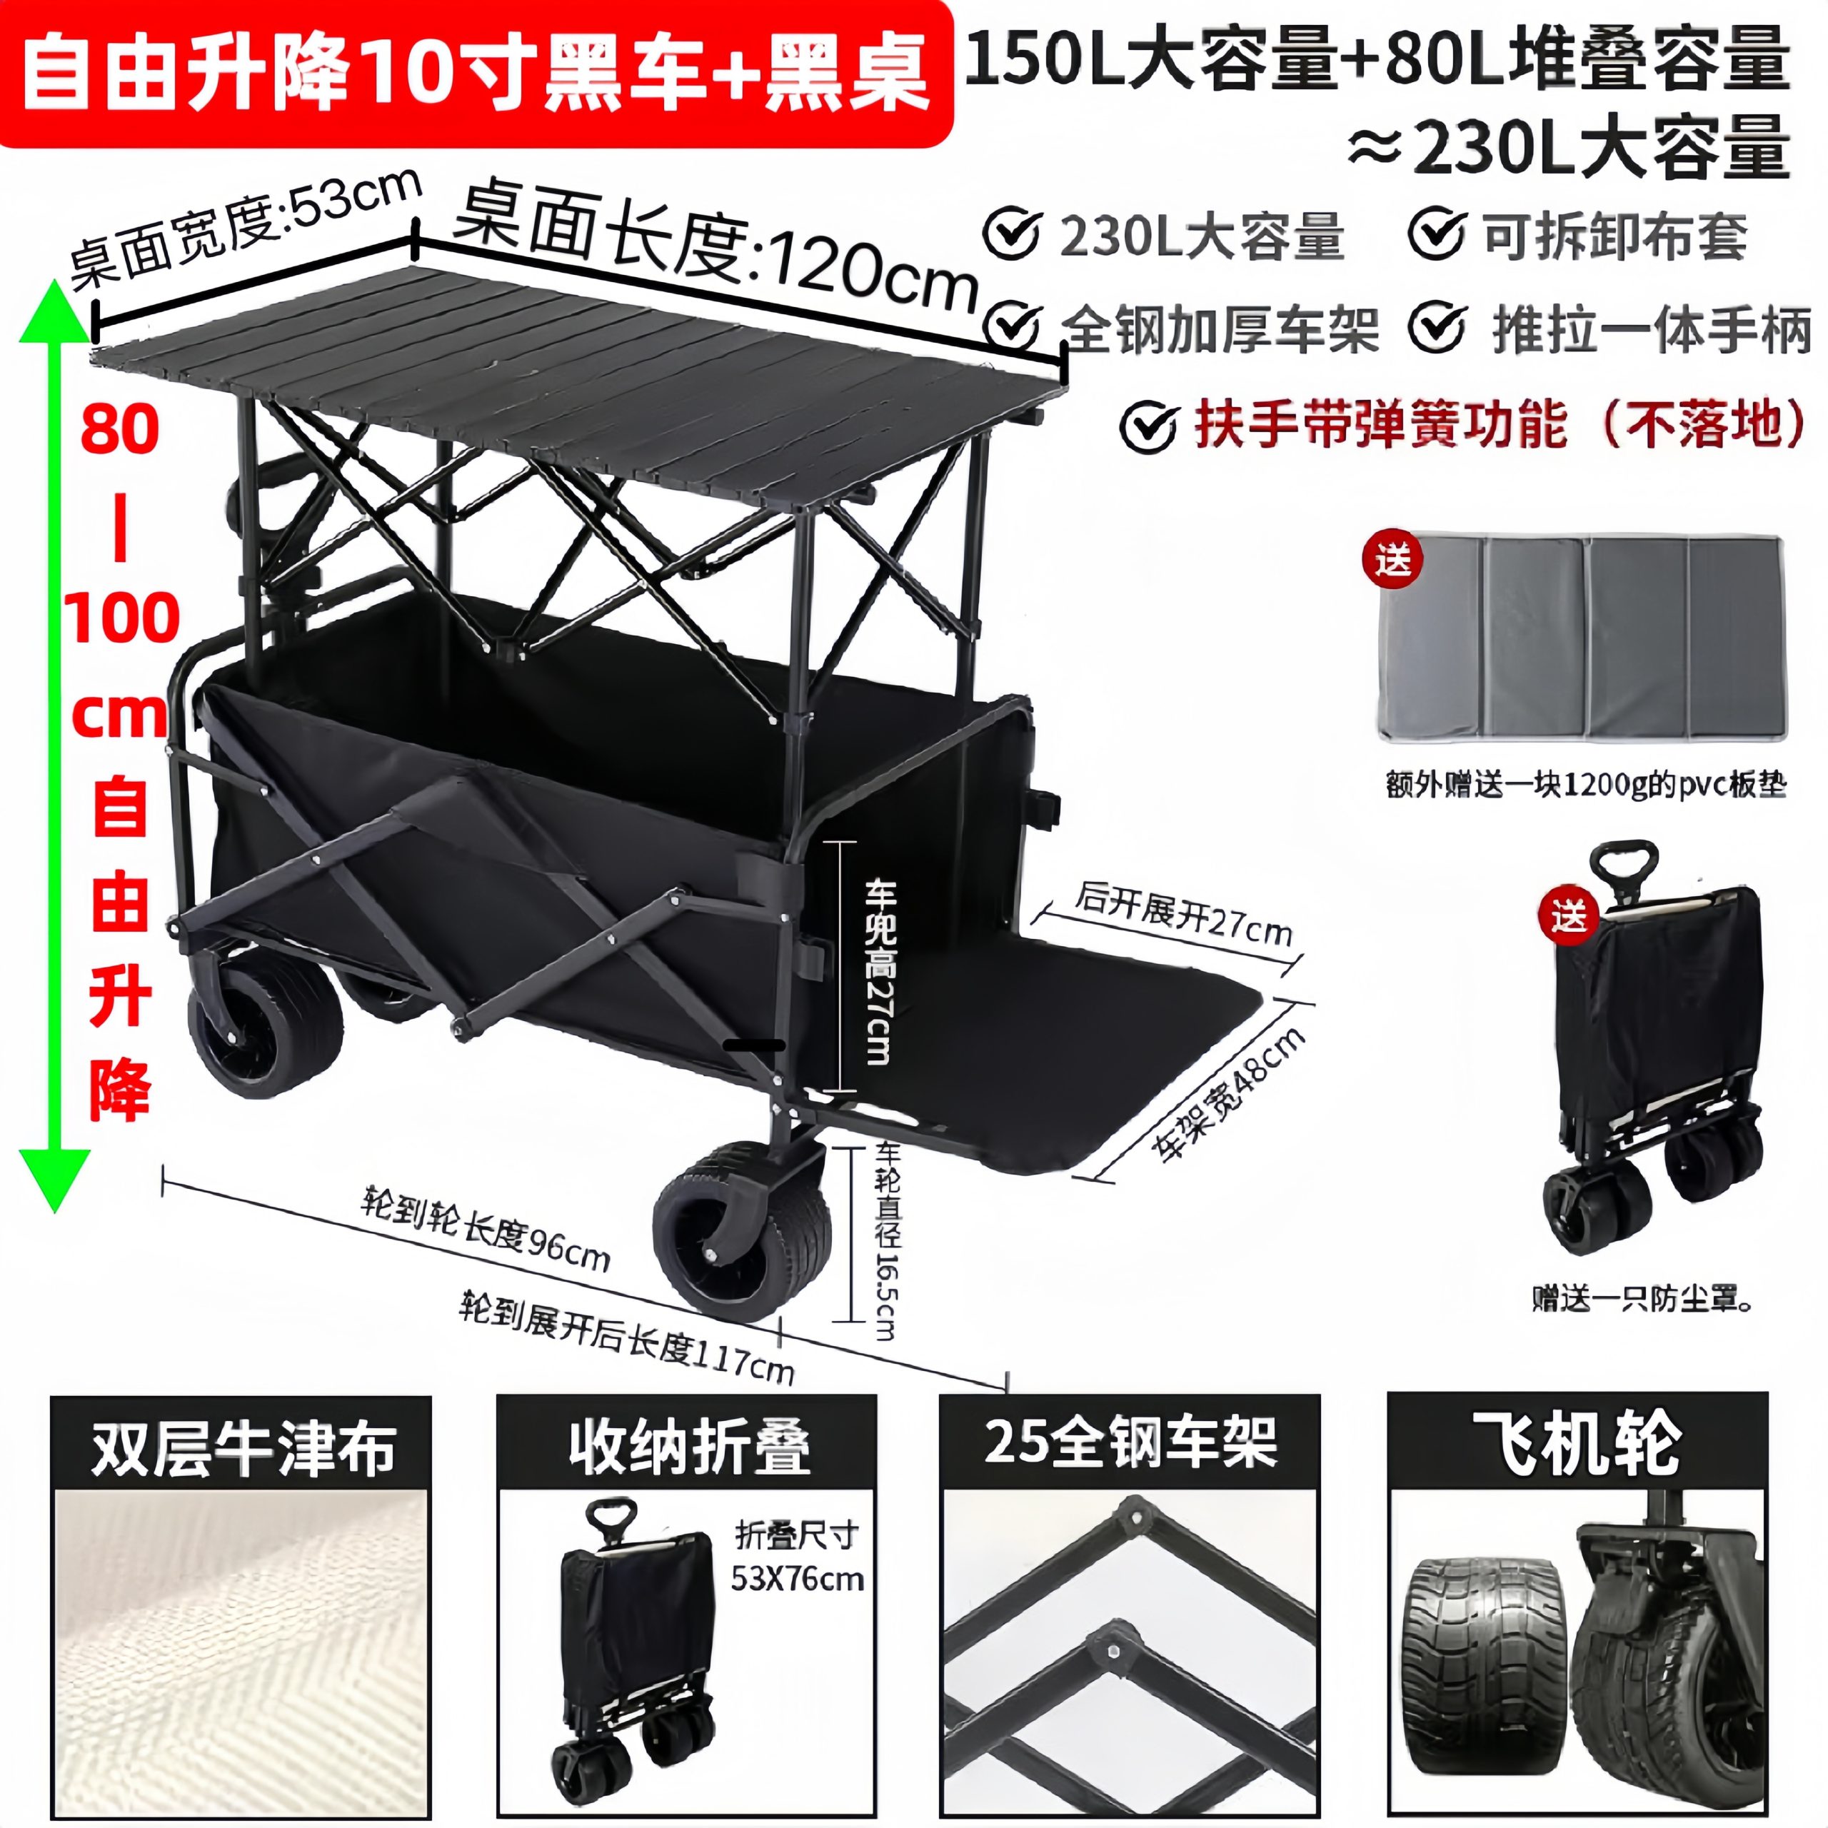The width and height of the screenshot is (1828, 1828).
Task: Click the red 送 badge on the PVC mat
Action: (x=1392, y=560)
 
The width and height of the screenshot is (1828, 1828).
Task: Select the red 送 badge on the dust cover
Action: (x=1569, y=915)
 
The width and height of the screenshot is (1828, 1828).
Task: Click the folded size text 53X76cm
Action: (x=798, y=1580)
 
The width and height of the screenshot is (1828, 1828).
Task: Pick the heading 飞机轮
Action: (x=1577, y=1444)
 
